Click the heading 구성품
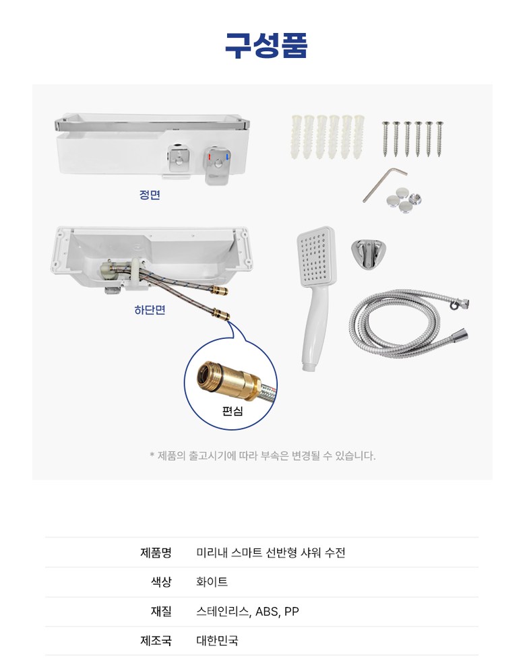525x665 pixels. [x=266, y=45]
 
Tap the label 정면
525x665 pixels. [x=150, y=195]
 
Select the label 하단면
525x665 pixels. [x=150, y=310]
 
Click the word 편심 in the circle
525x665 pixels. [x=233, y=410]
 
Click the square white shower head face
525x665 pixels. [x=316, y=256]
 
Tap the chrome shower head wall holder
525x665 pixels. [x=369, y=255]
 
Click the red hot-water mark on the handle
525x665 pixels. [x=209, y=157]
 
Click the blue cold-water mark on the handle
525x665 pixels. [x=227, y=157]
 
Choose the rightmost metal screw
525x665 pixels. [x=439, y=139]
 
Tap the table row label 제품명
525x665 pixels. [x=156, y=552]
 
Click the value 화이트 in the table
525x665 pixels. [x=212, y=581]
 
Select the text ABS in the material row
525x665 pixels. [x=267, y=612]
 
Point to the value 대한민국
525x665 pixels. [x=217, y=640]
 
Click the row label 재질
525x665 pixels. [x=161, y=611]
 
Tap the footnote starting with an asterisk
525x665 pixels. [x=263, y=456]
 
